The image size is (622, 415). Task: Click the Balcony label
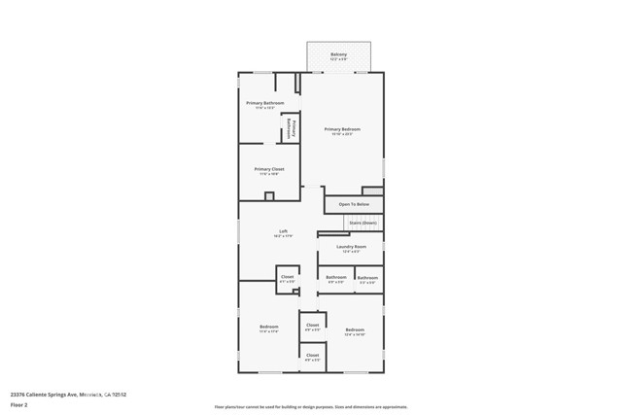[338, 54]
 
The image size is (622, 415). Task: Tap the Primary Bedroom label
[342, 129]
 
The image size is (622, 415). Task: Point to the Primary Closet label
[269, 169]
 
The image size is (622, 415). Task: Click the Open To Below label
[354, 204]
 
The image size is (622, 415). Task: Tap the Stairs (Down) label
[363, 222]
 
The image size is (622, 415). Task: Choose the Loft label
[283, 231]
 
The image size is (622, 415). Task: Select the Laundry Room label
[351, 247]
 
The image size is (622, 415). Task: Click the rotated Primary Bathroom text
[289, 127]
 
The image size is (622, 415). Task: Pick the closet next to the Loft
[288, 277]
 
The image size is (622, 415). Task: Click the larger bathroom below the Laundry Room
[335, 277]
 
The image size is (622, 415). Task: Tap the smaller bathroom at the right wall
[367, 278]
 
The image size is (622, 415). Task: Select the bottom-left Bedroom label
[269, 327]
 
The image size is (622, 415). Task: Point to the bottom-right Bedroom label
[355, 330]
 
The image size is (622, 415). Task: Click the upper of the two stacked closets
[312, 325]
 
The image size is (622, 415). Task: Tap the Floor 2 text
[19, 404]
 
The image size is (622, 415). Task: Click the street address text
[68, 395]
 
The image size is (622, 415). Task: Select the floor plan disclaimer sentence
[311, 407]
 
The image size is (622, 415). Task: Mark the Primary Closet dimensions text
[269, 175]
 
